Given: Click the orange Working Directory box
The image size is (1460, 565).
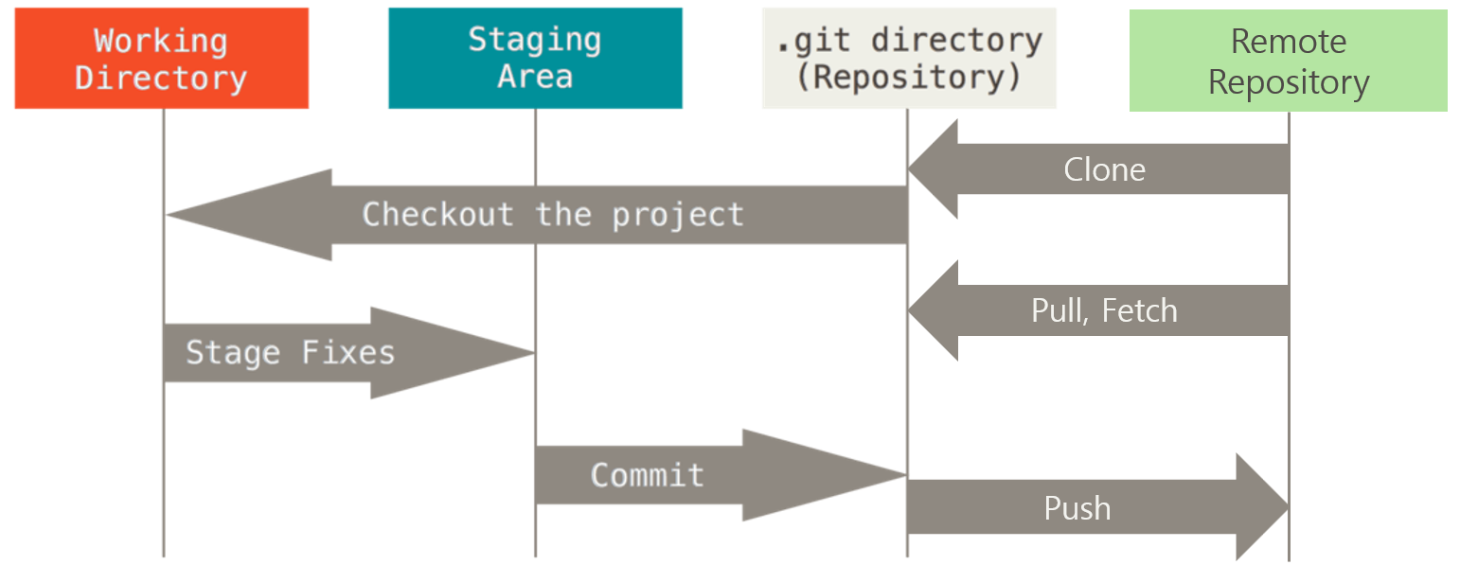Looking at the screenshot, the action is (x=162, y=58).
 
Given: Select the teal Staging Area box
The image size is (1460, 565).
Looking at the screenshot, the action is (x=535, y=58).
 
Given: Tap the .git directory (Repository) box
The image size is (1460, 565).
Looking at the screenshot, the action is (x=909, y=58).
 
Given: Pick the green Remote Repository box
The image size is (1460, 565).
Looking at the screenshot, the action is (x=1288, y=61).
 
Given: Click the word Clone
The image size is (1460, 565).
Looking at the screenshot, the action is (x=1104, y=169).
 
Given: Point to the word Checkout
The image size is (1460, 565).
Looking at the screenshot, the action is (x=437, y=215).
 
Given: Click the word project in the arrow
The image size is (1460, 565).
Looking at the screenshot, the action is (x=677, y=216).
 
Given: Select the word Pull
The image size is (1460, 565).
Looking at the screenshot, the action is (x=1059, y=310).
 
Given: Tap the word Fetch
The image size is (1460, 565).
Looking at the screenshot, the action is (x=1139, y=310).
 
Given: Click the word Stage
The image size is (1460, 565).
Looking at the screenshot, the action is (x=233, y=353).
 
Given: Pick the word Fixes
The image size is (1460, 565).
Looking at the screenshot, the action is (x=348, y=353).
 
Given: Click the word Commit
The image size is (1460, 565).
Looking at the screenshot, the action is (x=648, y=475).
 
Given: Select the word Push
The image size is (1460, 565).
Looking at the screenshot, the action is (x=1077, y=507).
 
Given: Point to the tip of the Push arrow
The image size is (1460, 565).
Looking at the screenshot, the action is (x=1288, y=506).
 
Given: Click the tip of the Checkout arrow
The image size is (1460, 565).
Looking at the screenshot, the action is (x=167, y=215).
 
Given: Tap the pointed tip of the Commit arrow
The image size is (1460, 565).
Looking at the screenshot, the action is (x=905, y=475).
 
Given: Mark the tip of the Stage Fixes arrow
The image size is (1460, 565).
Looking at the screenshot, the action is (x=534, y=353).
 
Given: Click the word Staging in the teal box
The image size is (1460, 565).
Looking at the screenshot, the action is (x=534, y=41).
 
